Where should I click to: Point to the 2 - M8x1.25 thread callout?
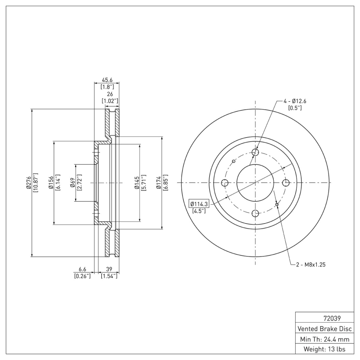tap(310, 265)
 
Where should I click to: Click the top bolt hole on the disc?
tap(255, 152)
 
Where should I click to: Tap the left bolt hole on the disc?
tap(225, 183)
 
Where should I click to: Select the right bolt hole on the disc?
tap(285, 183)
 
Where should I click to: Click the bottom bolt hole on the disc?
tap(255, 213)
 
